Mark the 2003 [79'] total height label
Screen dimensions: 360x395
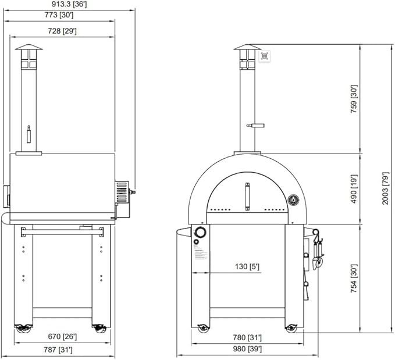(x=385, y=188)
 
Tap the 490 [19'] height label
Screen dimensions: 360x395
(x=354, y=188)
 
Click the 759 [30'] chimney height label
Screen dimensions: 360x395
(x=354, y=99)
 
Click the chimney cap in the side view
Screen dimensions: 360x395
(x=29, y=47)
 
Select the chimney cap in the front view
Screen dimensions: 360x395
(x=247, y=48)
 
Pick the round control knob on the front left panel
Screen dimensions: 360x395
(x=200, y=233)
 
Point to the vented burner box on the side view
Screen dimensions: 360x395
(x=122, y=191)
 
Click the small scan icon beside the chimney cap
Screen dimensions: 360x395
(x=265, y=56)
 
